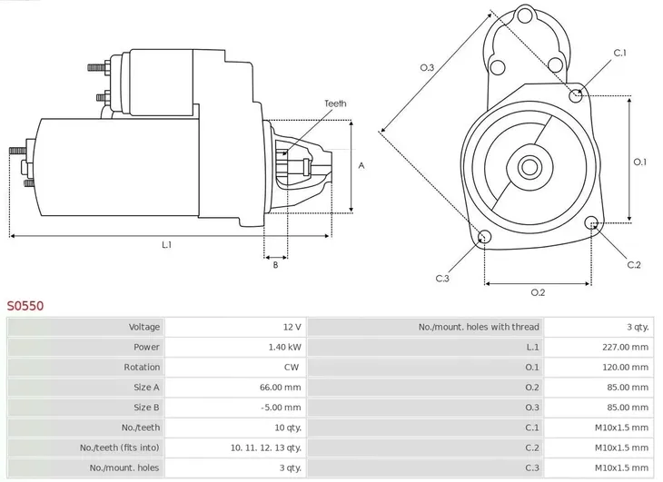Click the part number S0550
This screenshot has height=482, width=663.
pyautogui.click(x=25, y=306)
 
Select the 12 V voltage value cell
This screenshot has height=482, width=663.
pyautogui.click(x=292, y=327)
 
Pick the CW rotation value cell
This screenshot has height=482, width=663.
pyautogui.click(x=292, y=367)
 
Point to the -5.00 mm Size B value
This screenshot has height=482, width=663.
pyautogui.click(x=282, y=408)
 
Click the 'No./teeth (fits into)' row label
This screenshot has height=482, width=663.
pyautogui.click(x=118, y=448)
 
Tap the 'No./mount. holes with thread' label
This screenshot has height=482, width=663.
pyautogui.click(x=479, y=327)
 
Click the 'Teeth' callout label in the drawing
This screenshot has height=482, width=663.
pyautogui.click(x=335, y=103)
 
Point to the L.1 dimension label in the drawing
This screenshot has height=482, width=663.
pyautogui.click(x=167, y=245)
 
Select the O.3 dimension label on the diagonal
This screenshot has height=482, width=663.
pyautogui.click(x=427, y=67)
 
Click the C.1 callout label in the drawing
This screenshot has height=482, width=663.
pyautogui.click(x=619, y=53)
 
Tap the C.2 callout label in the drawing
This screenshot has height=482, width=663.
pyautogui.click(x=634, y=265)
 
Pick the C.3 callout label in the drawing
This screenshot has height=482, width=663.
pyautogui.click(x=442, y=279)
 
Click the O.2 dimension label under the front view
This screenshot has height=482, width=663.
pyautogui.click(x=537, y=292)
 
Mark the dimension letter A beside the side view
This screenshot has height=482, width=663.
pyautogui.click(x=361, y=165)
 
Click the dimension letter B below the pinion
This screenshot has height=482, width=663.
pyautogui.click(x=275, y=265)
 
